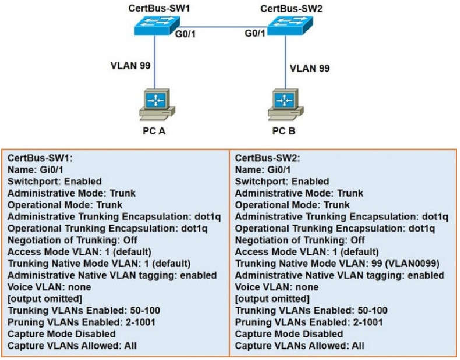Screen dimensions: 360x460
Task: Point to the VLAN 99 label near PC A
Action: click(130, 65)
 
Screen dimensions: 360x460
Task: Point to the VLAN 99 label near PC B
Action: click(310, 68)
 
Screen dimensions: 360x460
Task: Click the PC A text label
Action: click(154, 130)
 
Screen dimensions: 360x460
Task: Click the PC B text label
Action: click(284, 130)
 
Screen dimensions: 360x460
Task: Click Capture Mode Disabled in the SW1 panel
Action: click(61, 334)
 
